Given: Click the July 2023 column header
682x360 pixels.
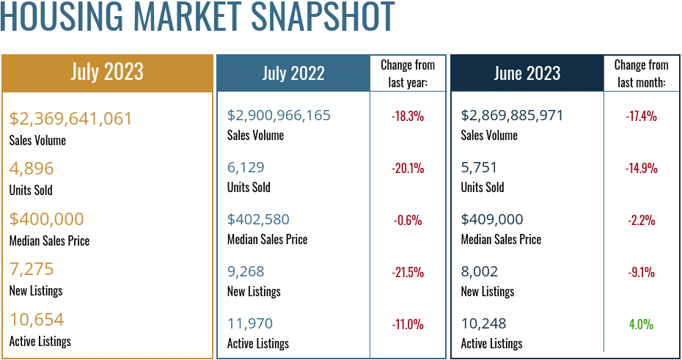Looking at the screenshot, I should [x=107, y=72].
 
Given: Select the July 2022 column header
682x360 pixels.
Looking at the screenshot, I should [x=293, y=73].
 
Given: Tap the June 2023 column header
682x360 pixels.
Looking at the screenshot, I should [x=527, y=73].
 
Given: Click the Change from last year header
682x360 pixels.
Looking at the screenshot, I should [x=408, y=73].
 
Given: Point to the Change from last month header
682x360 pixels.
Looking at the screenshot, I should [x=641, y=73].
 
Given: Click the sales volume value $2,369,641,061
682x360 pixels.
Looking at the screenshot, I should [x=71, y=119].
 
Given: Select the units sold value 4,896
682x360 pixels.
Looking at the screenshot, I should [x=32, y=169].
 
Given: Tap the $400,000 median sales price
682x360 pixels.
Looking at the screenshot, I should [x=47, y=219].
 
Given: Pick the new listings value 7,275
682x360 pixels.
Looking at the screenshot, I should [x=32, y=269].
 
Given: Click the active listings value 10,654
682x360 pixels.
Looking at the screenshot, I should [x=37, y=320].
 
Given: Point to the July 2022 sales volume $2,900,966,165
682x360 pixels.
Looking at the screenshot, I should [x=279, y=115].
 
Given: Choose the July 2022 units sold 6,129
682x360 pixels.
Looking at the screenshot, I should [x=246, y=167].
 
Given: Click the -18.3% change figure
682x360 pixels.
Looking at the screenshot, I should [x=408, y=116].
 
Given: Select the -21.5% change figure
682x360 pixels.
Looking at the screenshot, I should [x=408, y=273].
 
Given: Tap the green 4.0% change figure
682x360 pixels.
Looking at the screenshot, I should [x=641, y=324].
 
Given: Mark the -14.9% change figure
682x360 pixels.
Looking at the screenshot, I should [x=641, y=168].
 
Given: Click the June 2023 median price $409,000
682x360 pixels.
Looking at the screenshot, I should [x=492, y=219].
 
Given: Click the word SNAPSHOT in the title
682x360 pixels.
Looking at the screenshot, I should [x=309, y=18].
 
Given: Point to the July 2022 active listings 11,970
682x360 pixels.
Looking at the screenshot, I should [x=248, y=323].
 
